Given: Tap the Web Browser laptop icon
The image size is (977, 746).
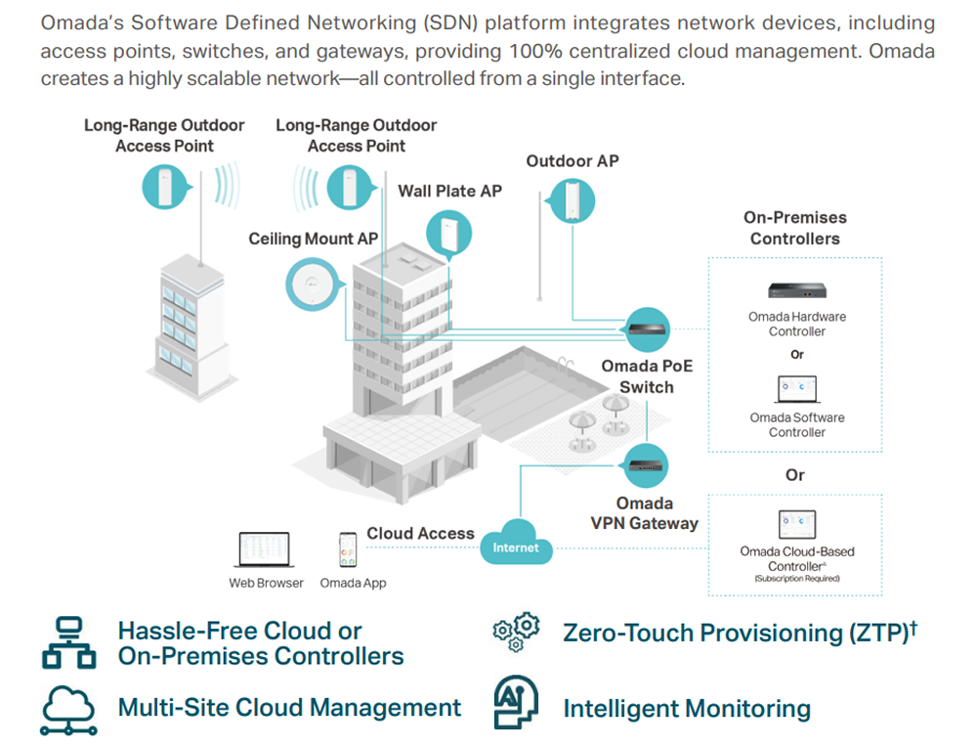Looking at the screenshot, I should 265,550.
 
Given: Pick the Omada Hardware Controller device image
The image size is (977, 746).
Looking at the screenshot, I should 797,291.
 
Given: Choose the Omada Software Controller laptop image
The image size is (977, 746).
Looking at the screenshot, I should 797,390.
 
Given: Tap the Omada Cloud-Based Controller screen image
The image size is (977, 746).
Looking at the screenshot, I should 797,525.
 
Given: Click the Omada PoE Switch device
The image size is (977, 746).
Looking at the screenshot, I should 647,330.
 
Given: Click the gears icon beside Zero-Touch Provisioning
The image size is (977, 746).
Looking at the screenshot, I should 515,632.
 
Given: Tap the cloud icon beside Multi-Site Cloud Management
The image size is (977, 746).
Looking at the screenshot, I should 68,708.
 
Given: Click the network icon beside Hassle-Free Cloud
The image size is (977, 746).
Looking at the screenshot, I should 68,643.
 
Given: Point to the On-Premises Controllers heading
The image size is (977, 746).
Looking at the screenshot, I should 794,228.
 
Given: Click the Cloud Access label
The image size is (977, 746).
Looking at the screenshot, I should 420,534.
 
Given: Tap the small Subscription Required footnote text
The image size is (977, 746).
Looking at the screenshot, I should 796,579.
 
